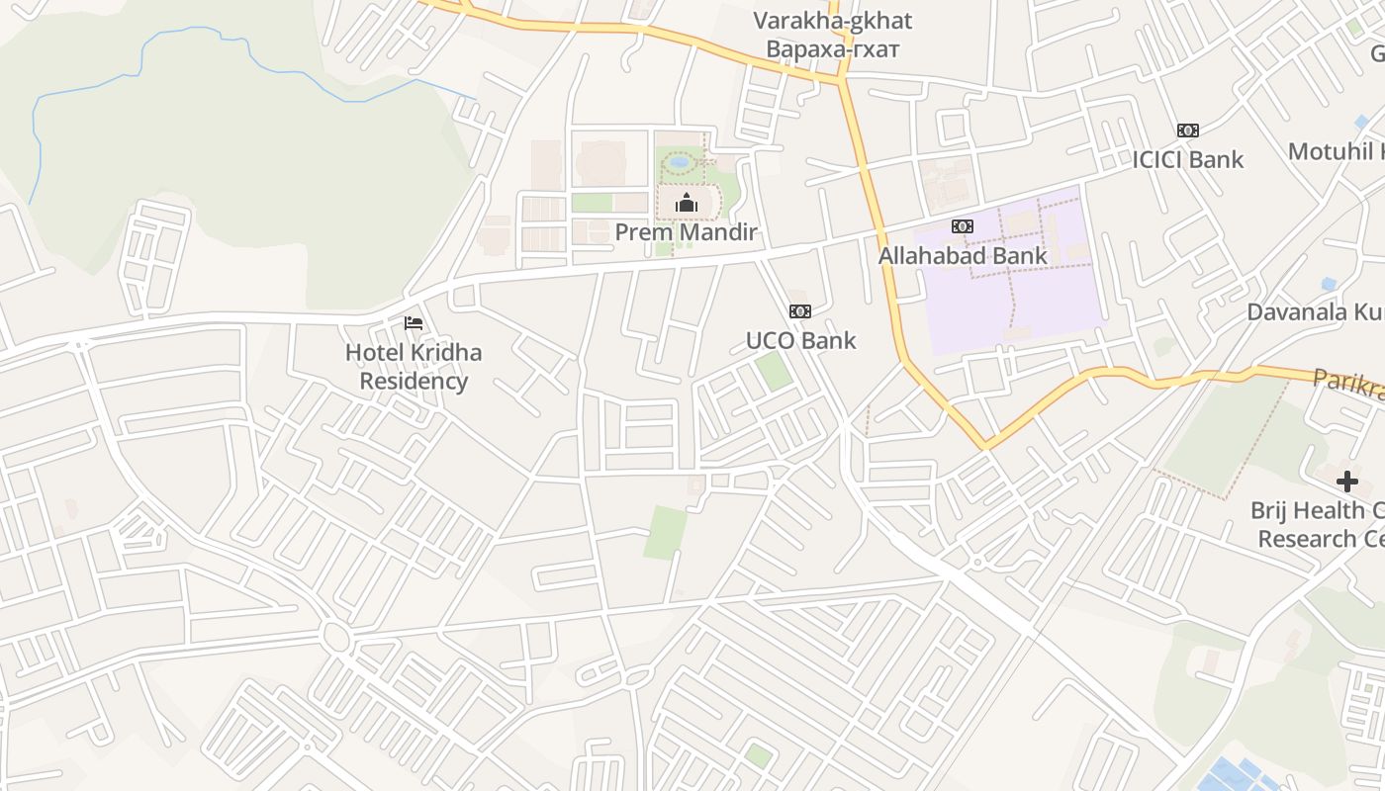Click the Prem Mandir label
[x=686, y=232]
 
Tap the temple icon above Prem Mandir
[x=686, y=204]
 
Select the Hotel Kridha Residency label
[x=414, y=366]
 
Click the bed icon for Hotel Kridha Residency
[x=414, y=323]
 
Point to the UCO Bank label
[x=800, y=341]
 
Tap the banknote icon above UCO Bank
[x=800, y=311]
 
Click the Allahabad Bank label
[x=962, y=256]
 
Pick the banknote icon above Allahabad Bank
[x=962, y=226]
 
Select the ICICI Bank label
[x=1187, y=159]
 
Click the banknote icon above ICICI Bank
[x=1187, y=131]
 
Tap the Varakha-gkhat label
[x=832, y=21]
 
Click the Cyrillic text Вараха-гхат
[x=832, y=48]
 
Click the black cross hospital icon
[x=1346, y=482]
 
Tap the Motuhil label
[x=1336, y=151]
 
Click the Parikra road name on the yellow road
[x=1346, y=383]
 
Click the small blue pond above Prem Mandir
[x=678, y=160]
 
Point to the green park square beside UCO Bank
[x=773, y=371]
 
